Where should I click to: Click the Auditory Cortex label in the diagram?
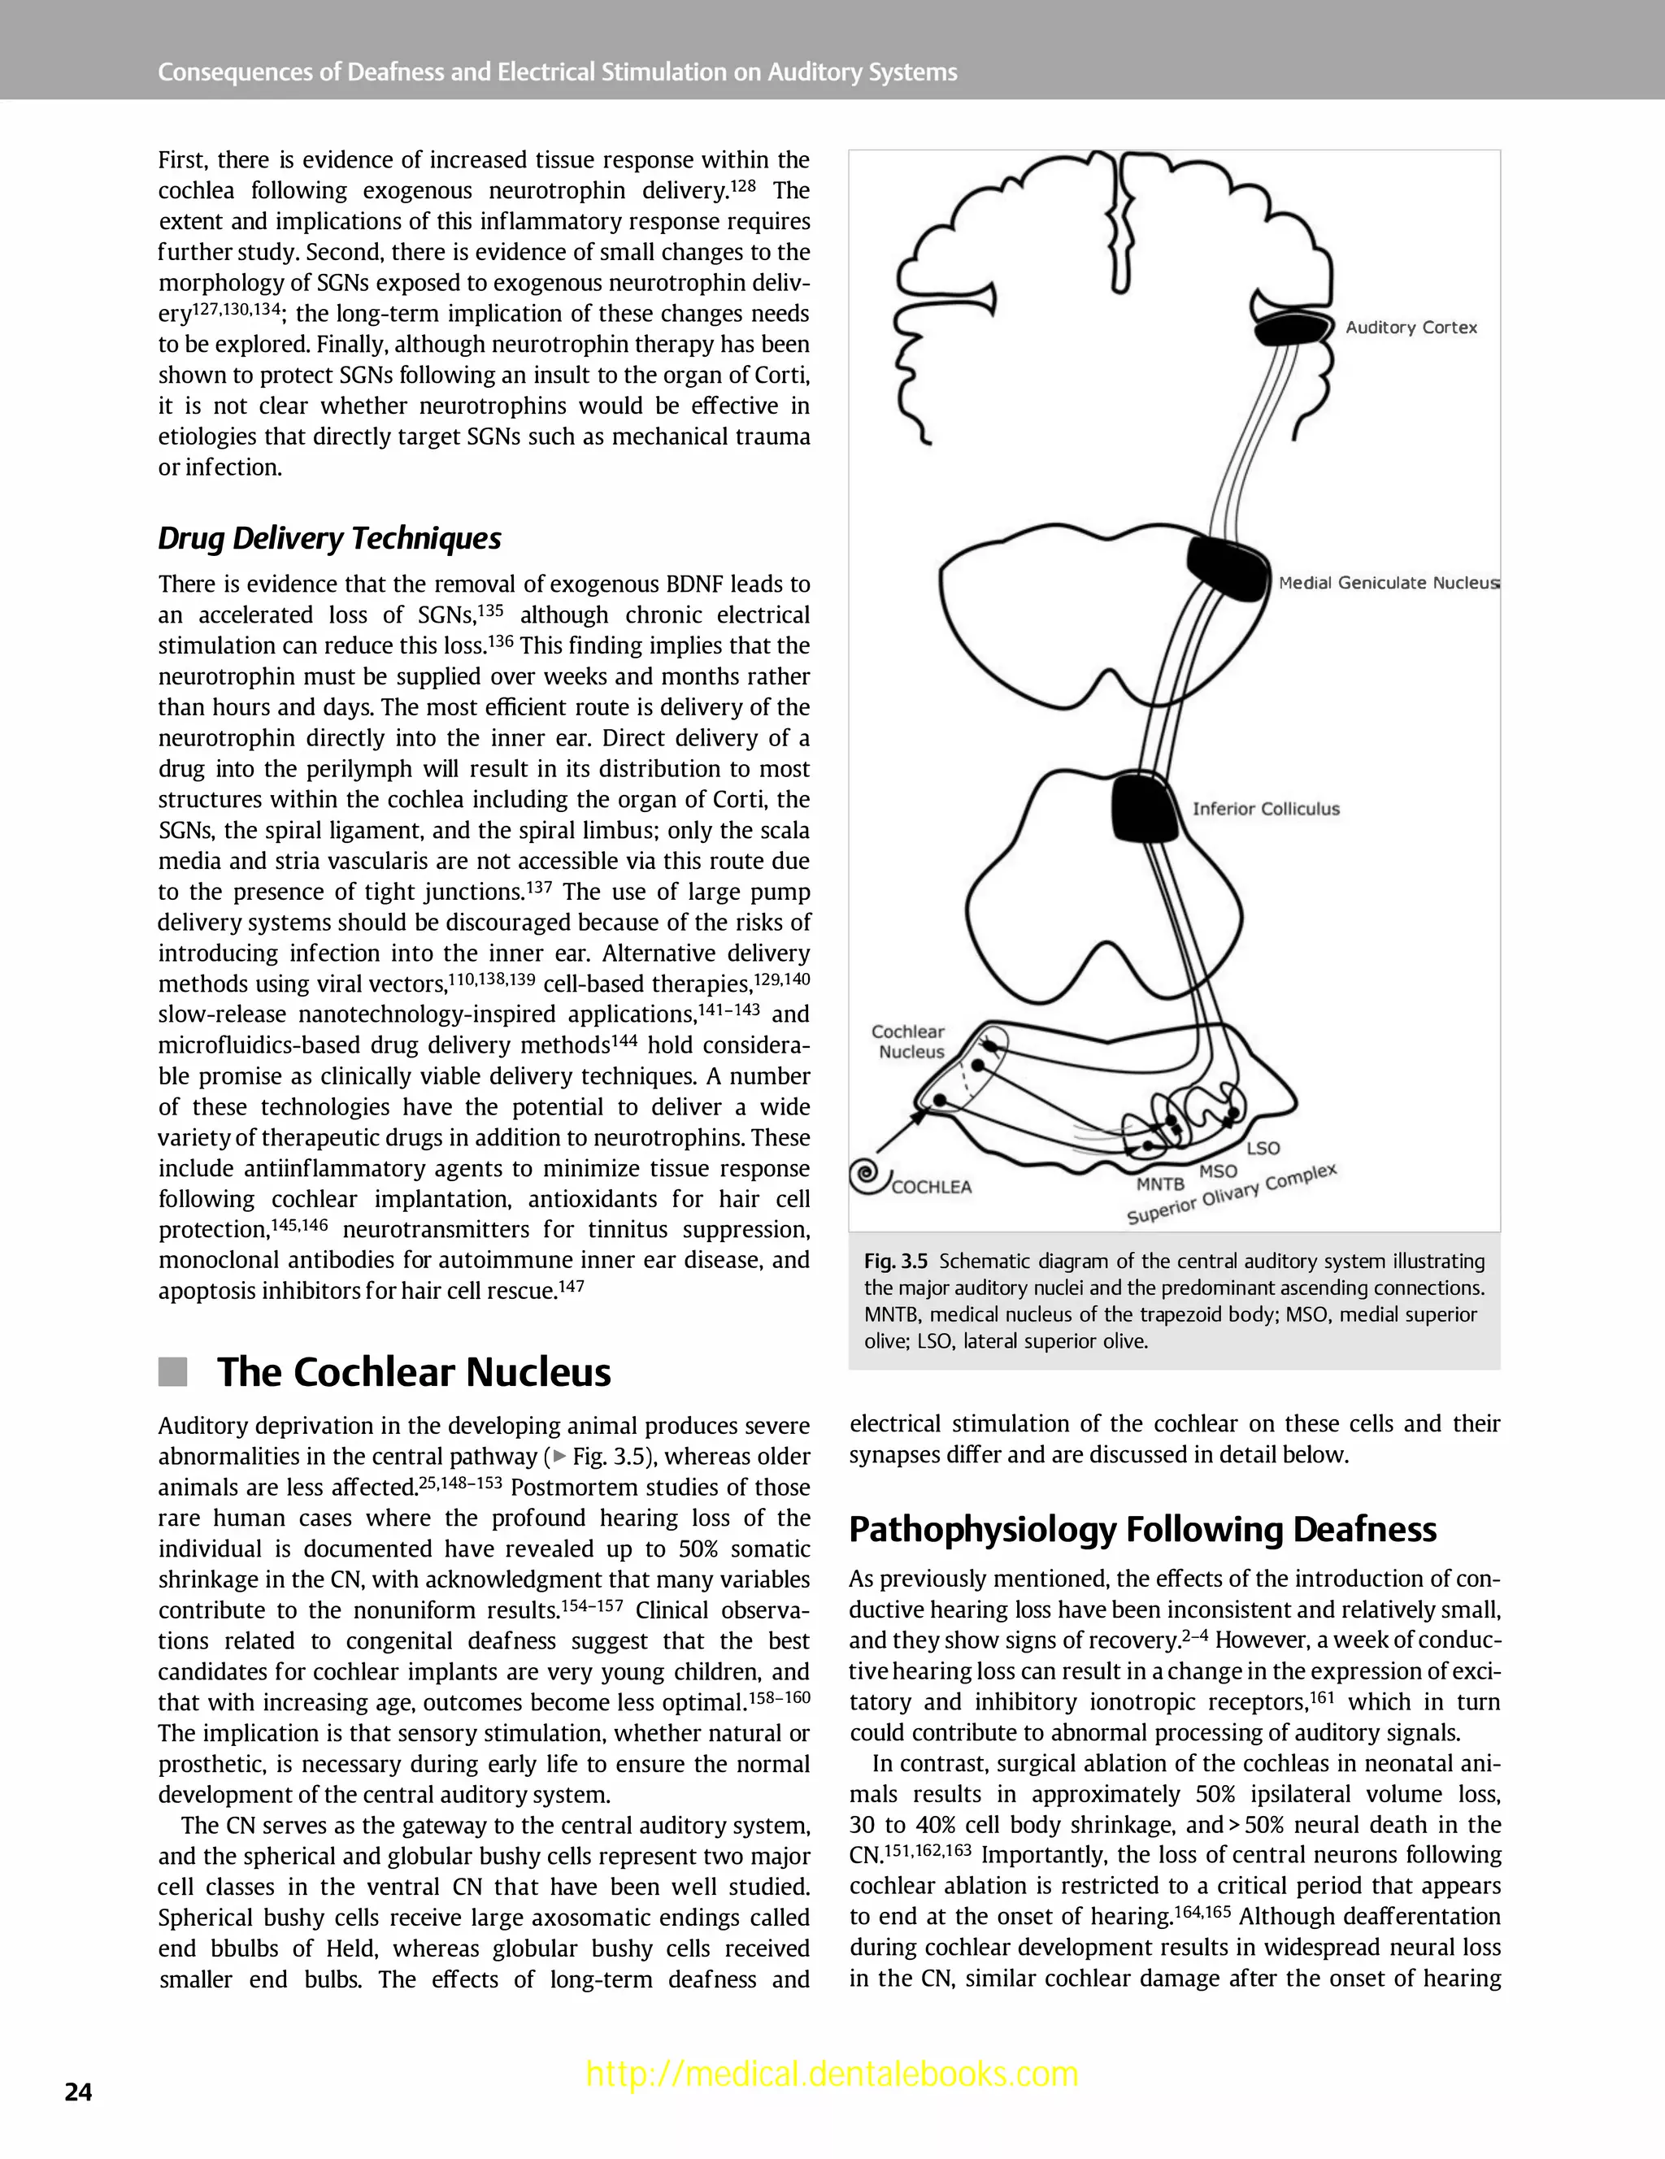pos(1411,328)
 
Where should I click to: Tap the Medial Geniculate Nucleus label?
pos(1388,584)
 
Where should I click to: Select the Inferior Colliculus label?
pos(1266,809)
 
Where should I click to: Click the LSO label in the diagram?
pos(1263,1149)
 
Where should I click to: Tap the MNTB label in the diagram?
pos(1160,1184)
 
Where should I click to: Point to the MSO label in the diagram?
pos(1218,1171)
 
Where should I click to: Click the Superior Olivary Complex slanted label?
pos(1232,1194)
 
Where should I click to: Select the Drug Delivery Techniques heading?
pos(329,539)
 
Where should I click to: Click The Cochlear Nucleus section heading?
pos(413,1372)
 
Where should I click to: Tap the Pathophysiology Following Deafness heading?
pos(1142,1529)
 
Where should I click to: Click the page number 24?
pos(78,2093)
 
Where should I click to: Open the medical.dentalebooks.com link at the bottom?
pos(832,2074)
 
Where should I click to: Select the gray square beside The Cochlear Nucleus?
pos(173,1372)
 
